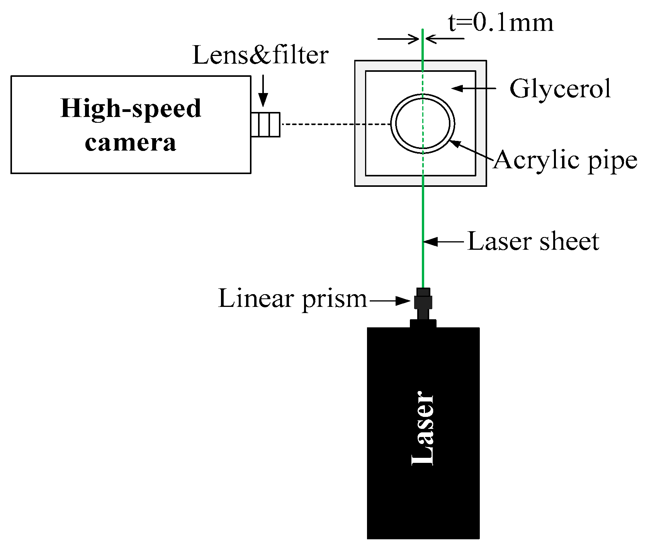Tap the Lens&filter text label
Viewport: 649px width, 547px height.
pyautogui.click(x=260, y=55)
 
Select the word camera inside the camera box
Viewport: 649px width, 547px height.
pyautogui.click(x=131, y=142)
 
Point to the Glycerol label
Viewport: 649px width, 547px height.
pyautogui.click(x=560, y=88)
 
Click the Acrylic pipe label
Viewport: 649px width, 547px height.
pyautogui.click(x=565, y=159)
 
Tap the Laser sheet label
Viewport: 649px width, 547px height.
pyautogui.click(x=533, y=242)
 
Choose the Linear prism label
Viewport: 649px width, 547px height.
pyautogui.click(x=292, y=298)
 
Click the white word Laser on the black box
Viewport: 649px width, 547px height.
pyautogui.click(x=423, y=428)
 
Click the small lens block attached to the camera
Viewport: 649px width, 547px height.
pyautogui.click(x=265, y=124)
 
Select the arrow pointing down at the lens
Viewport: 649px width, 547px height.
pyautogui.click(x=263, y=91)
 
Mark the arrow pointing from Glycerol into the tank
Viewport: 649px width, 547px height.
pyautogui.click(x=474, y=88)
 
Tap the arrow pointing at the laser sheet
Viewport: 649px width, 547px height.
pyautogui.click(x=444, y=242)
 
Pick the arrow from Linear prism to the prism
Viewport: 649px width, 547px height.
pyautogui.click(x=390, y=301)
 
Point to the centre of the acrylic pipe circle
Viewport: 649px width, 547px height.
pyautogui.click(x=423, y=124)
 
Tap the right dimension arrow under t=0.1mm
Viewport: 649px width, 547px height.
pyautogui.click(x=445, y=39)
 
